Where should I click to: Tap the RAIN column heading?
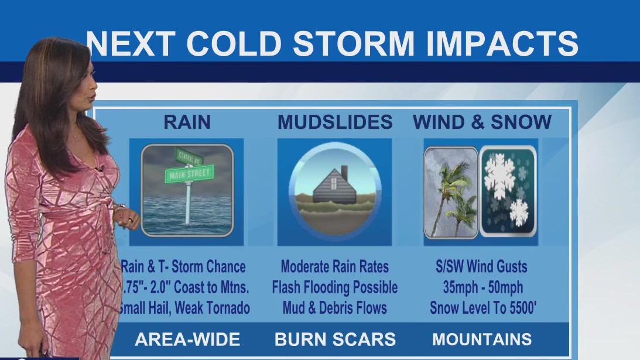coord(187,122)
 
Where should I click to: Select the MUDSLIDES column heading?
coord(335,122)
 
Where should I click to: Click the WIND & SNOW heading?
coord(482,122)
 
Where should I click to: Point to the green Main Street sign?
coord(191,173)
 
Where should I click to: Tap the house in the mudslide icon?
coord(334,186)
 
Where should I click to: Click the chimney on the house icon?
coord(344,172)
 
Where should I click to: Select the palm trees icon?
coord(452,192)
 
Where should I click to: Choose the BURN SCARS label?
coord(335,340)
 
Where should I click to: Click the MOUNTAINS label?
coord(482,339)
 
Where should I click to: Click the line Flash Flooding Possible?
coord(334,287)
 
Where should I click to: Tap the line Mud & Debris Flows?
coord(334,308)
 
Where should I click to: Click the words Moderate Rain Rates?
coord(334,267)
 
